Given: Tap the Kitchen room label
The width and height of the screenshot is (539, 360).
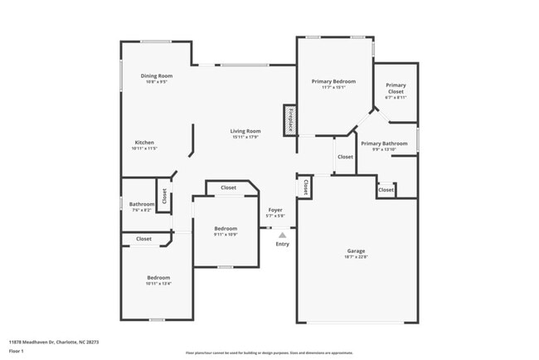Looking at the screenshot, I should pyautogui.click(x=144, y=142).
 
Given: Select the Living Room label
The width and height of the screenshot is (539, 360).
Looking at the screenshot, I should pyautogui.click(x=245, y=131).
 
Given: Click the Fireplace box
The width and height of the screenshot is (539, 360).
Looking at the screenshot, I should pyautogui.click(x=289, y=119).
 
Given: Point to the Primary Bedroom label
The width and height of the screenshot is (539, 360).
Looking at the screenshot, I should pyautogui.click(x=333, y=81).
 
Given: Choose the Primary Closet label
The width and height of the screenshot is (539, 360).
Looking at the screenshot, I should pyautogui.click(x=396, y=88).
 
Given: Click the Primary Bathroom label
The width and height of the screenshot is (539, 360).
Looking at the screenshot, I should pyautogui.click(x=384, y=144).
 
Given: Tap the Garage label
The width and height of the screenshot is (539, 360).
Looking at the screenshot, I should pyautogui.click(x=357, y=251).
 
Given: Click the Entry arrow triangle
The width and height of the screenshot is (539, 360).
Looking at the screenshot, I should pyautogui.click(x=282, y=235).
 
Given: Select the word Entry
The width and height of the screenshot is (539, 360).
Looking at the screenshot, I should pyautogui.click(x=282, y=244).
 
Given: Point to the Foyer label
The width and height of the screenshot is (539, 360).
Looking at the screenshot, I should pyautogui.click(x=274, y=210).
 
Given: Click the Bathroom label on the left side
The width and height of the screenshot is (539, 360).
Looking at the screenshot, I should pyautogui.click(x=141, y=204).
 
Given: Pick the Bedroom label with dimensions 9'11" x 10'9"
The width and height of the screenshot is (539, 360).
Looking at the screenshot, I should pyautogui.click(x=226, y=228).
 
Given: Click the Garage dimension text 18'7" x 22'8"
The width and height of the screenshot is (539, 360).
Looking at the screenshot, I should pyautogui.click(x=357, y=257).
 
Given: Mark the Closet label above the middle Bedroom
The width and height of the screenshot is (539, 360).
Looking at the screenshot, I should pyautogui.click(x=228, y=187).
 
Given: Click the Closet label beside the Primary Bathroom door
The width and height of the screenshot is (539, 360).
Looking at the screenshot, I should pyautogui.click(x=345, y=157).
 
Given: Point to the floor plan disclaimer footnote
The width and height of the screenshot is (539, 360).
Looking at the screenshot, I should pyautogui.click(x=269, y=353).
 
